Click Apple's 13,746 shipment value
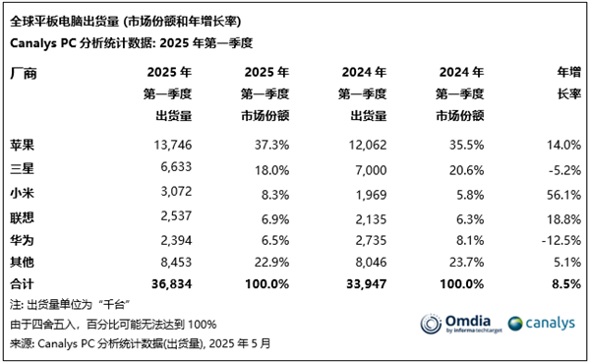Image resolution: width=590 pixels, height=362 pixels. pyautogui.click(x=170, y=144)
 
